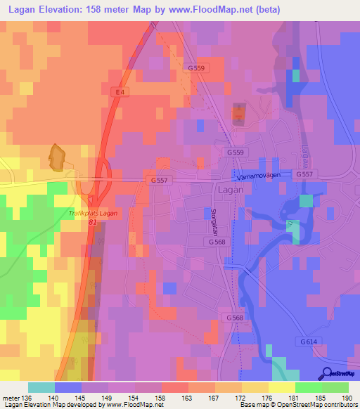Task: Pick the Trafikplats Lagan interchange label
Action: tap(96, 212)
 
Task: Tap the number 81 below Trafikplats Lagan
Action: tap(93, 221)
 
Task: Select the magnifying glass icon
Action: tap(327, 375)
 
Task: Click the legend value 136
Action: tap(27, 399)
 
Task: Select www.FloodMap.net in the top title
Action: tap(223, 9)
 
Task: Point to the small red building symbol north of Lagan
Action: tap(239, 113)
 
